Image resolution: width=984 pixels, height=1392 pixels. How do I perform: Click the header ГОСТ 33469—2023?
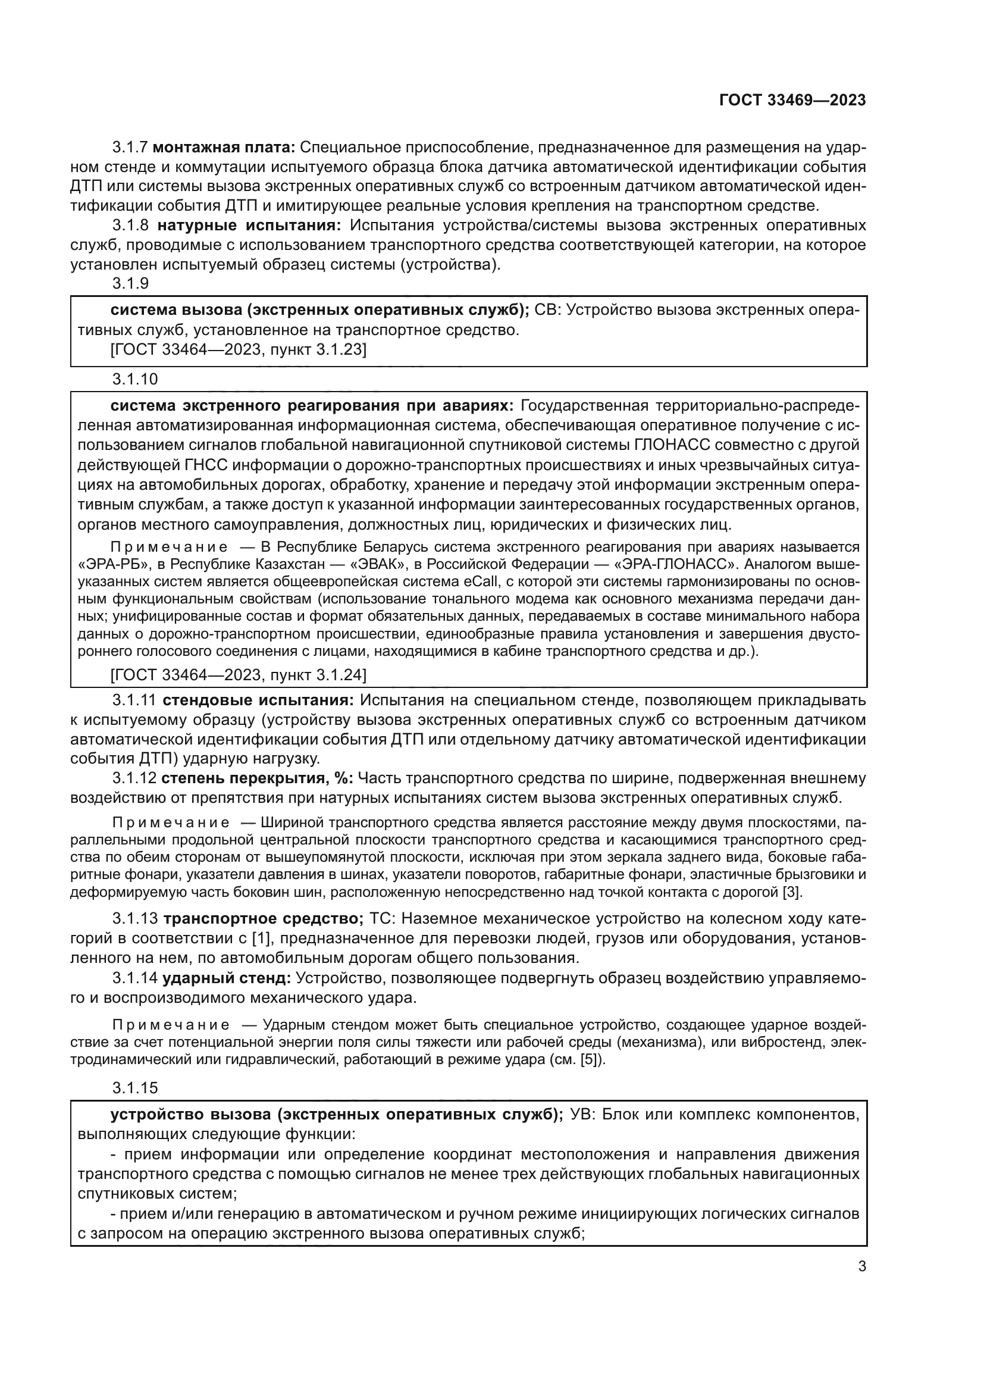pyautogui.click(x=792, y=101)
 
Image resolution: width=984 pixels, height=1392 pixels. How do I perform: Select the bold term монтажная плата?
pyautogui.click(x=224, y=148)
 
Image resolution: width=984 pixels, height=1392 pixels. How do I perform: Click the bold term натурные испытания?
pyautogui.click(x=249, y=226)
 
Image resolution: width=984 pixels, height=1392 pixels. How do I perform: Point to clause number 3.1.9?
pyautogui.click(x=131, y=284)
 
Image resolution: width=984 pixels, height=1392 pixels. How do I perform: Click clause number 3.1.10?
pyautogui.click(x=135, y=380)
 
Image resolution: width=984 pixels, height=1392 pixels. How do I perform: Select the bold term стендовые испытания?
pyautogui.click(x=259, y=700)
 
